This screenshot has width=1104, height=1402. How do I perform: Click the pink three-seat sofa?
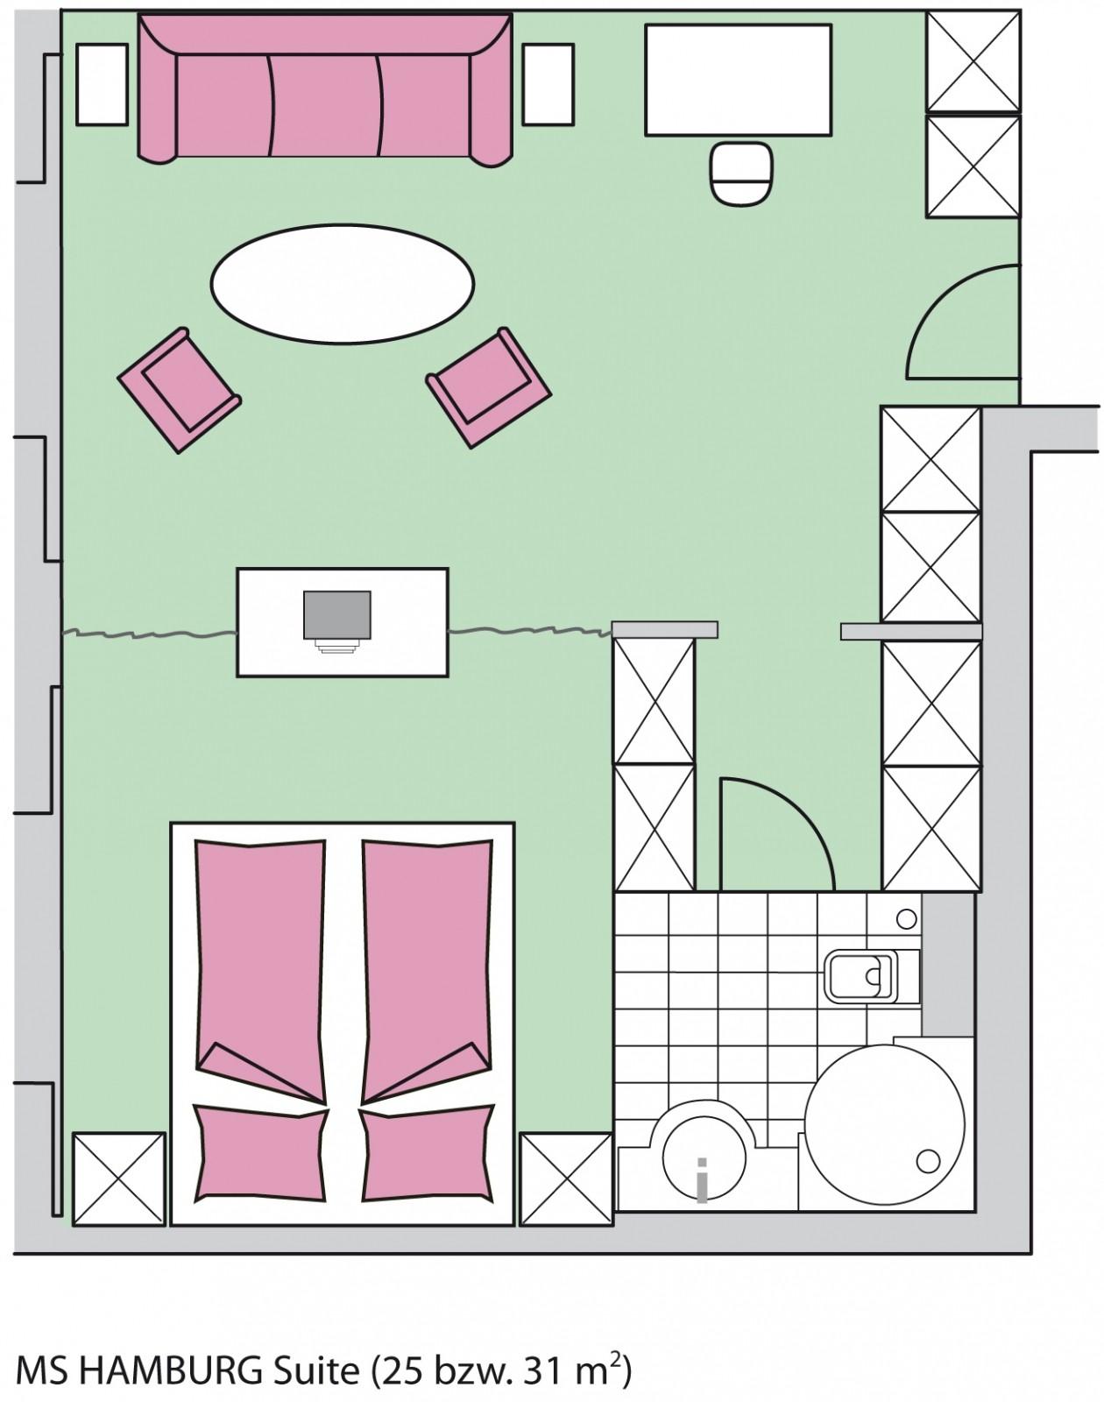pos(325,90)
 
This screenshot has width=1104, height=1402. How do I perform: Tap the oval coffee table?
pos(342,283)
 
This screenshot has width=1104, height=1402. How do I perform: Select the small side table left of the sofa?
pos(102,84)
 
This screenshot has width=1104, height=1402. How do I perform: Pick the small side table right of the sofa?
pos(548,84)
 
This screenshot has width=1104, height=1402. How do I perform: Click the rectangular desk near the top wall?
pos(739,80)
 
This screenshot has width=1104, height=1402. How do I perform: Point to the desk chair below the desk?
pos(741,173)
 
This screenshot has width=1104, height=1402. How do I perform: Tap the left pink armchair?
pos(179,390)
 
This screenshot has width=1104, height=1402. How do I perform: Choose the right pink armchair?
pos(489,387)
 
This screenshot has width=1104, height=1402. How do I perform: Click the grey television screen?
pos(337,614)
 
